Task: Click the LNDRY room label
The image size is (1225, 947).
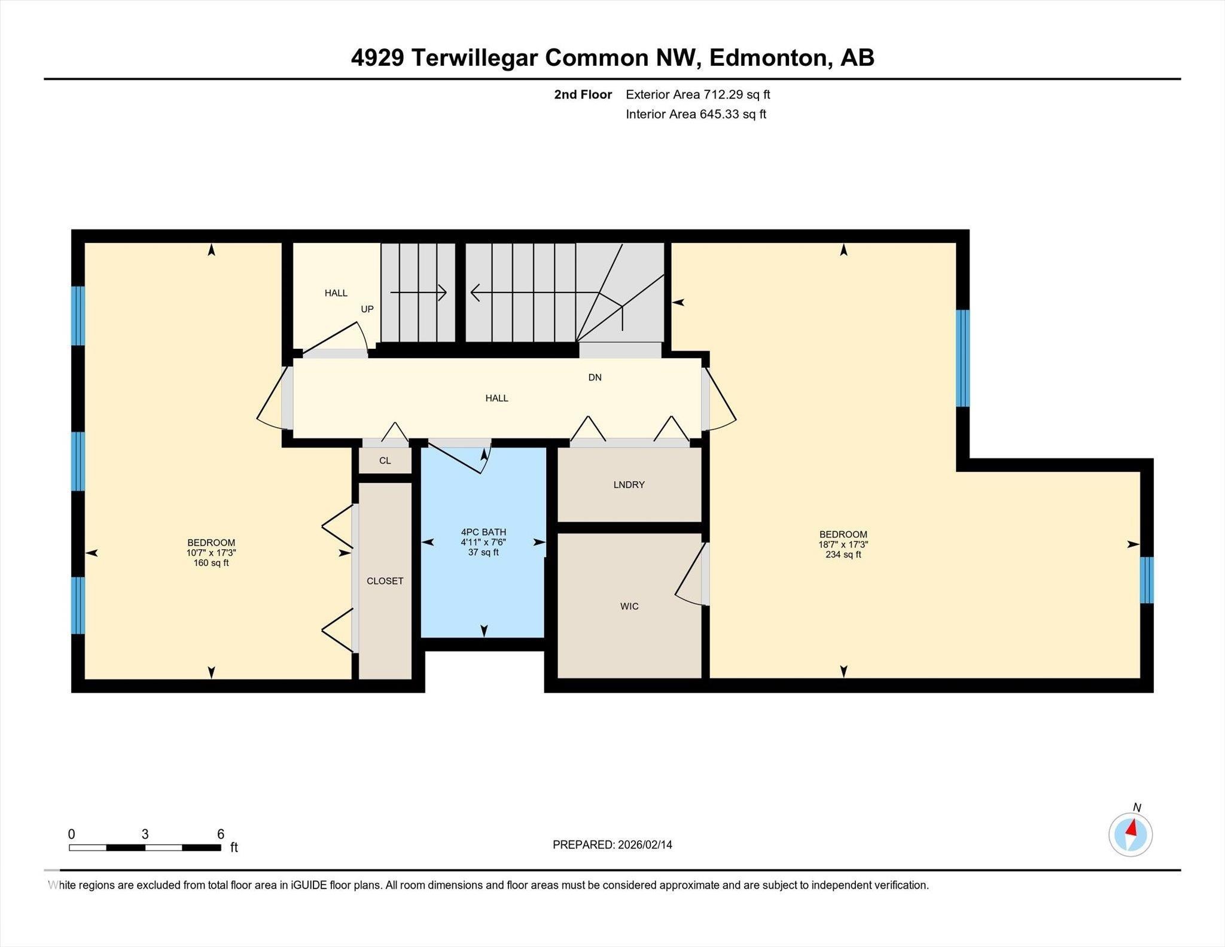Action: [x=629, y=485]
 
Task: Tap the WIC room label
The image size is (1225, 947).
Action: [x=629, y=606]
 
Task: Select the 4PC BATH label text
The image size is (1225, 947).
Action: [x=483, y=532]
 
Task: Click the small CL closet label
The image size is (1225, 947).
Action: [x=385, y=461]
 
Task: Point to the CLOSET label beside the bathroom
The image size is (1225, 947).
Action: [x=385, y=581]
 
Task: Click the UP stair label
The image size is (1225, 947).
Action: [x=367, y=309]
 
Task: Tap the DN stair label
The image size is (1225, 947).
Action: [x=595, y=377]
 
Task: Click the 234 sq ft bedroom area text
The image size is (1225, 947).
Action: [x=843, y=555]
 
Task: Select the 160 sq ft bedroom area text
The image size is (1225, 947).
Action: [x=211, y=563]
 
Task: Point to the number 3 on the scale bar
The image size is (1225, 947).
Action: [x=145, y=834]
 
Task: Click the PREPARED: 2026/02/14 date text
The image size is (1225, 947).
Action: [x=612, y=845]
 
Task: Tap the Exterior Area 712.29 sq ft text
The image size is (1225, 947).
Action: [x=697, y=95]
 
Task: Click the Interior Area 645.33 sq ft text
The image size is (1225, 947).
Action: [x=696, y=114]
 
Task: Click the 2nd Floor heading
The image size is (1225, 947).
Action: [x=583, y=95]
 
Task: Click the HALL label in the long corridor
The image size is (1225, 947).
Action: [x=496, y=398]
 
